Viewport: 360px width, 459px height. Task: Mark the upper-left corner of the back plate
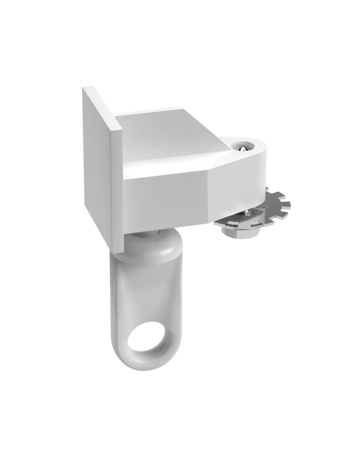tap(84, 88)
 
